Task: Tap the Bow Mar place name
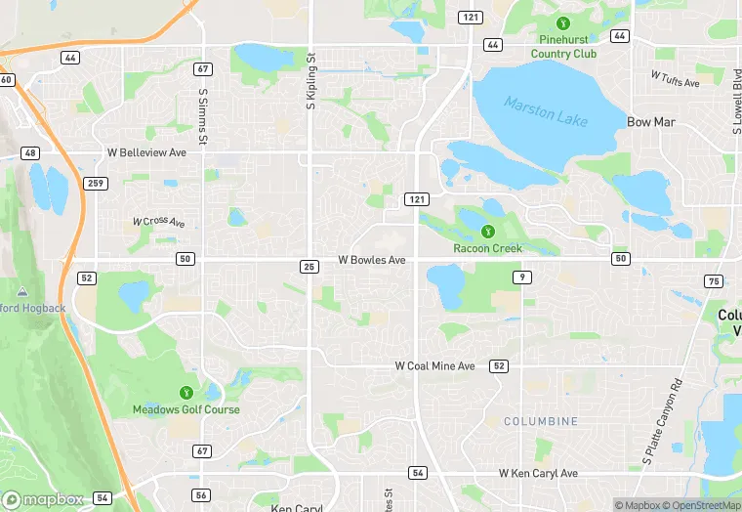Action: [651, 122]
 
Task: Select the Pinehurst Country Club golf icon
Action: [561, 23]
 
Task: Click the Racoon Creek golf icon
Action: [488, 232]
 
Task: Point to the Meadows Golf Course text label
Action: [186, 409]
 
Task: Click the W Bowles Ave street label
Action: [371, 261]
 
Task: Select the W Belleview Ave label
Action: [146, 153]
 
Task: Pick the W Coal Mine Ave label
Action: [434, 365]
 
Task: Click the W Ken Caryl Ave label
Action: [538, 473]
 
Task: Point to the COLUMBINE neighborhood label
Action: [540, 421]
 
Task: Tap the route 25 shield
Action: [309, 266]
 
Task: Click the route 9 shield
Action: [524, 278]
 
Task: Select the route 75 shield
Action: [714, 281]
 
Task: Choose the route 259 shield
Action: [96, 183]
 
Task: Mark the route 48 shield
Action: [31, 153]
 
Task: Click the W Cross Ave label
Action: [159, 222]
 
